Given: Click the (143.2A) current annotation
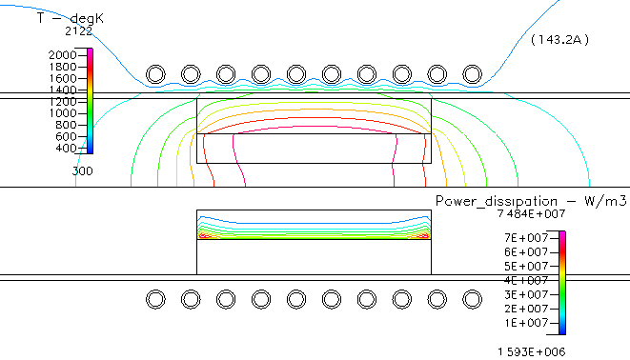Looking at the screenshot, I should tap(561, 40).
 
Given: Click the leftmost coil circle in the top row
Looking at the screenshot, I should tap(155, 74).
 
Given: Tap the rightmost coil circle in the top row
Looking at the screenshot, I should tap(472, 74).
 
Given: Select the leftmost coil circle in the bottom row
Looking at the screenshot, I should tap(155, 299).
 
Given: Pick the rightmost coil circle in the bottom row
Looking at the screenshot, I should tap(472, 299).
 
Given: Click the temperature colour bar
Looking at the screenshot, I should tap(91, 101).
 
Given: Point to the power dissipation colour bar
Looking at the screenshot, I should tap(561, 282).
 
